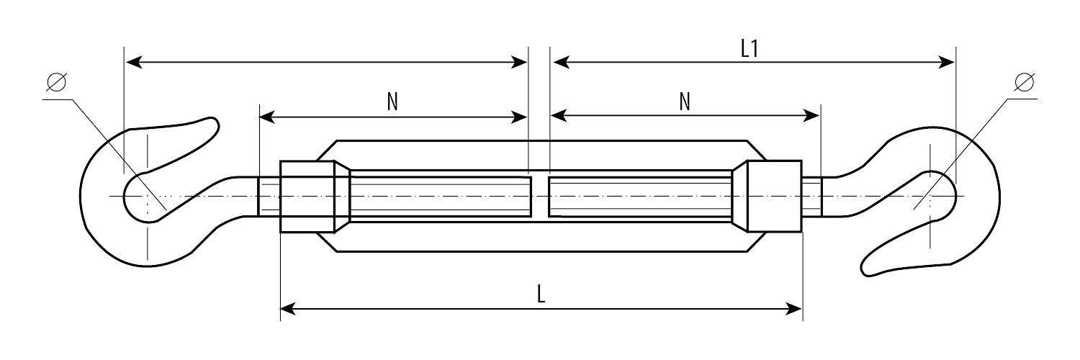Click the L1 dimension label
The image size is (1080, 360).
click(750, 49)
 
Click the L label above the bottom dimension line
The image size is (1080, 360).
click(541, 294)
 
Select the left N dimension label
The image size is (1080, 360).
click(392, 102)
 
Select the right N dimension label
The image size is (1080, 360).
click(685, 102)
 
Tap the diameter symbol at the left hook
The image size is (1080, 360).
click(56, 82)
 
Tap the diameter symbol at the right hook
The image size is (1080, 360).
click(1024, 82)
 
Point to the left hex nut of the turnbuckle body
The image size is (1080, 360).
click(307, 197)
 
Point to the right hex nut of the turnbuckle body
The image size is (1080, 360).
click(774, 196)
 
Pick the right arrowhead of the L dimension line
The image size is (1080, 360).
click(795, 309)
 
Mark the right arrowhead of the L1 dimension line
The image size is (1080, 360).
click(947, 62)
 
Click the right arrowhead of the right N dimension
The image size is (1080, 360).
click(811, 116)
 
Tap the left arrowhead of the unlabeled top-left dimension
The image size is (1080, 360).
click(133, 62)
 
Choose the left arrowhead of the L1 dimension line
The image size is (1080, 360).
click(561, 62)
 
